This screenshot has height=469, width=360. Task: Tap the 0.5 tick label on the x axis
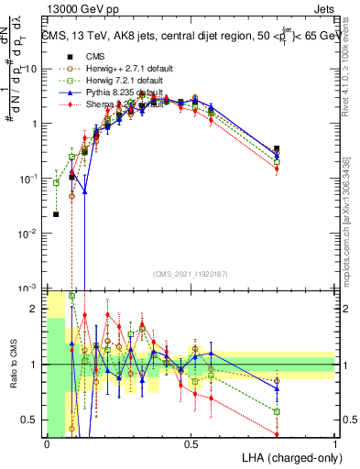pos(191,444)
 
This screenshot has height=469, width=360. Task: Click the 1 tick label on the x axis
pos(334,444)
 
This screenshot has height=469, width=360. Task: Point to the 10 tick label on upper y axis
pos(30,69)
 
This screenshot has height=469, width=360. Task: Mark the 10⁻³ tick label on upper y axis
pos(28,289)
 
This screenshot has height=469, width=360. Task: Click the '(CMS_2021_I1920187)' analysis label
pos(190,274)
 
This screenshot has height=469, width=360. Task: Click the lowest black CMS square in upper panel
pos(57,214)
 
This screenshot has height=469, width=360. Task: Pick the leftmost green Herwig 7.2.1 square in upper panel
pos(57,182)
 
